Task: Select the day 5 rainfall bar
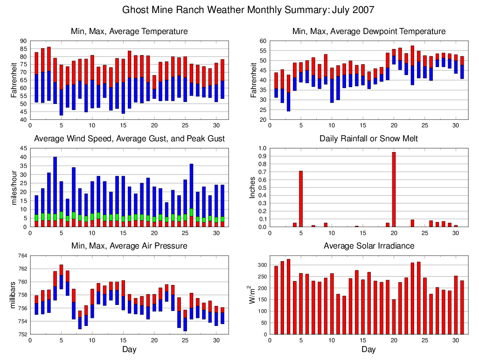(x=301, y=199)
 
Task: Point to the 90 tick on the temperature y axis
(x=23, y=41)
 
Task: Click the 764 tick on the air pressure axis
(x=21, y=256)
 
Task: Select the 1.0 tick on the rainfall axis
(x=262, y=148)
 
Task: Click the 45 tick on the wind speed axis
(x=23, y=148)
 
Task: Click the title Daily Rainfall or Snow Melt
(x=368, y=138)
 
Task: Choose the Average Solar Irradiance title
(x=368, y=246)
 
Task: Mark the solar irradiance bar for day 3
(x=289, y=297)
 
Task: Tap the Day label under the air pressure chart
(x=129, y=349)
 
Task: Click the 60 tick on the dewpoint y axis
(x=263, y=41)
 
